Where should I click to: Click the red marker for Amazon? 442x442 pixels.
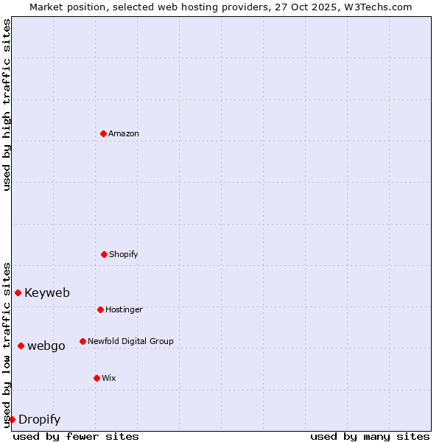[x=103, y=133]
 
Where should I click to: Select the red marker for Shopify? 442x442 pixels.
[x=104, y=254]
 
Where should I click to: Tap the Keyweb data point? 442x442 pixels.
[x=18, y=292]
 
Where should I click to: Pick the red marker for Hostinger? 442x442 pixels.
[x=100, y=309]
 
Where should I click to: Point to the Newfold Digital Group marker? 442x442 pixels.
[x=83, y=341]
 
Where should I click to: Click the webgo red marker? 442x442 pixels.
[x=21, y=345]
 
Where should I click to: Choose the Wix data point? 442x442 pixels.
[x=97, y=378]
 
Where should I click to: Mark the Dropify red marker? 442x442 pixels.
[x=12, y=419]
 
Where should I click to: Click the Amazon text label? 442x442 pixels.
[x=124, y=133]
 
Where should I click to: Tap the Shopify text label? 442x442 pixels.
[x=124, y=254]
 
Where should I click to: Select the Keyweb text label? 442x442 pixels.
[x=47, y=292]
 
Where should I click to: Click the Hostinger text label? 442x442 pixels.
[x=124, y=309]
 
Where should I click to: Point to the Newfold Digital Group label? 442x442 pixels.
[x=130, y=341]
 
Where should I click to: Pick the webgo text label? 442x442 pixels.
[x=46, y=345]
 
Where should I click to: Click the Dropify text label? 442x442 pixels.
[x=39, y=420]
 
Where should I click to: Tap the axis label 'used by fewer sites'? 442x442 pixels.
[x=76, y=436]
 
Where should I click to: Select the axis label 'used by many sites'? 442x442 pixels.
[x=370, y=436]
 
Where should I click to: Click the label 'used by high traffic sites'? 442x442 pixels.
[x=7, y=105]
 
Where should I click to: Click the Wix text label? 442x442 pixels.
[x=109, y=378]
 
